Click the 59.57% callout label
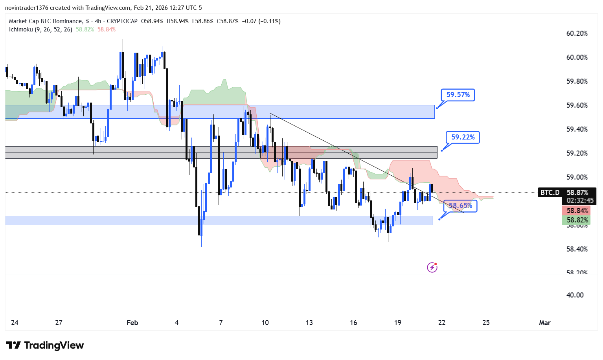[458, 95]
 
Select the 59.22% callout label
[463, 137]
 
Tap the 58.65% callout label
[460, 206]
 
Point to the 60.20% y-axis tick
[577, 33]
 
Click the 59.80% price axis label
[577, 81]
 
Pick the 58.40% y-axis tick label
[577, 249]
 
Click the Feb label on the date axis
[132, 323]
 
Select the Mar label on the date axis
[544, 323]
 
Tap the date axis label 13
[309, 323]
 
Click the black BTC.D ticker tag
[550, 193]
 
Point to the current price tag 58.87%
[577, 193]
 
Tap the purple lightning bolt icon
[432, 268]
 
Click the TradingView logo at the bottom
[45, 345]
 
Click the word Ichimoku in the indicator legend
[21, 29]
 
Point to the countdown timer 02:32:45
[580, 200]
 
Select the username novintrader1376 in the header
[26, 8]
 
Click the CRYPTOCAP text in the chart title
[122, 21]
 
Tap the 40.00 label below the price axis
[575, 295]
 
